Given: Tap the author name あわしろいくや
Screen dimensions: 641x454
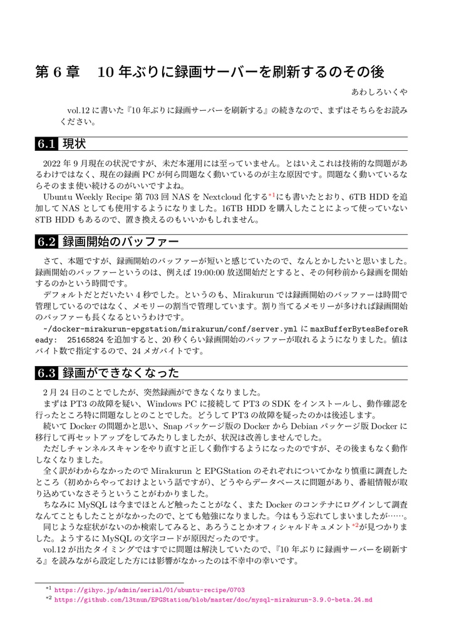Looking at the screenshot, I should point(379,92).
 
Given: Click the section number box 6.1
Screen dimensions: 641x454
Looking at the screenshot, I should point(47,145).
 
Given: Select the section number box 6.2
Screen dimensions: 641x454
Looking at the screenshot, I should point(47,242).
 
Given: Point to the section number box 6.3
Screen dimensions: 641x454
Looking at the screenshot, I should point(47,374).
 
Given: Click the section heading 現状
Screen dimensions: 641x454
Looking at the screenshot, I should point(74,145).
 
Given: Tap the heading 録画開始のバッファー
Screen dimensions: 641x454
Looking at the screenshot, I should point(120,242).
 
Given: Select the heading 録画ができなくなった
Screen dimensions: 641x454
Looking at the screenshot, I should point(120,374).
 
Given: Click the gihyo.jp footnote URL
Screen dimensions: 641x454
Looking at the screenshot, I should point(150,590).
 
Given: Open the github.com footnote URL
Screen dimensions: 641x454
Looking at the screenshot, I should point(213,600).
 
